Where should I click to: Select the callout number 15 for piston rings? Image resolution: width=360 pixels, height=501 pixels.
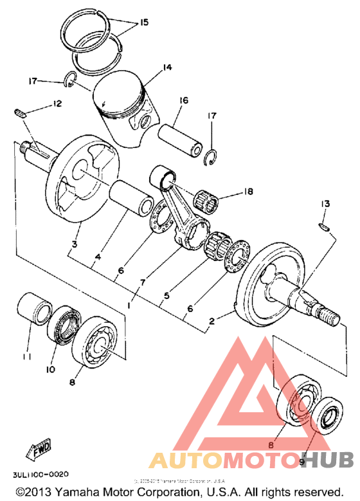click(143, 23)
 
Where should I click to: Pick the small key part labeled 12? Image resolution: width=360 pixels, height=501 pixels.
click(19, 112)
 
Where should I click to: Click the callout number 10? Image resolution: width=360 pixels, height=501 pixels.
click(51, 369)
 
